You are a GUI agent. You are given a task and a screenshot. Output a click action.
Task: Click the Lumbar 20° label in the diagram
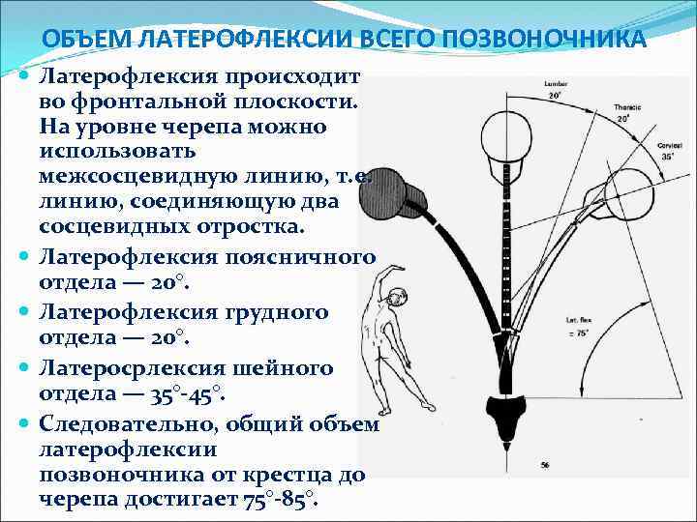click(x=555, y=90)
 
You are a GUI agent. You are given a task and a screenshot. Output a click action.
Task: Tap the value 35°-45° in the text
click(x=188, y=393)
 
